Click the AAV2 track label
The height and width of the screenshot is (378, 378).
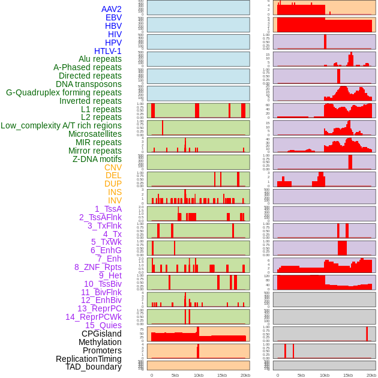112,10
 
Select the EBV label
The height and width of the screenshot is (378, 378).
113,18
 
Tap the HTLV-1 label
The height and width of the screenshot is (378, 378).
108,51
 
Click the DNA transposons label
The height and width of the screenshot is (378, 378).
89,85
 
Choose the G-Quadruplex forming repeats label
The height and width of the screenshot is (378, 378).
64,93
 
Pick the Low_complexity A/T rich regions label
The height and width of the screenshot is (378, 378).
61,126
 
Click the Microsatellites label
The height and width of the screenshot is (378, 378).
95,134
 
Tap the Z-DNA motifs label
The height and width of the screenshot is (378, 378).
97,159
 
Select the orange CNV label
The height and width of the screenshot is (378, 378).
113,167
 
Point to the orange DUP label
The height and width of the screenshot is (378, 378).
113,184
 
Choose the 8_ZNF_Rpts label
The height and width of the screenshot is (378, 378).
98,268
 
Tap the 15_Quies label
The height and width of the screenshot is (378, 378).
103,326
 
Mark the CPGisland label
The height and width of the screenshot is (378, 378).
101,334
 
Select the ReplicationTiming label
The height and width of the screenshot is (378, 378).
89,359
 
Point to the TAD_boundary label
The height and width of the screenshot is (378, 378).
94,367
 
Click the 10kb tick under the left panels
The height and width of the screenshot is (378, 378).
198,376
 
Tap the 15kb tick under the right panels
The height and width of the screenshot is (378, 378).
348,376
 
